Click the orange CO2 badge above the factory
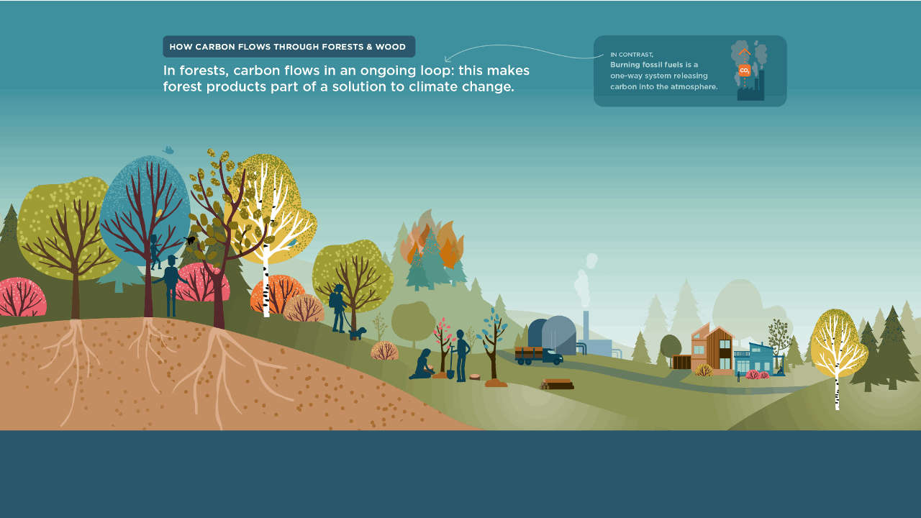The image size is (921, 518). (744, 71)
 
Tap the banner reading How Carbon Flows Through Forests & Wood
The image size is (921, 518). (289, 47)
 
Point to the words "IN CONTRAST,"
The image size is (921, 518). (632, 54)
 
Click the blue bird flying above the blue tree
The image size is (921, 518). (168, 150)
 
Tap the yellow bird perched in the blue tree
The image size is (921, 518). (159, 213)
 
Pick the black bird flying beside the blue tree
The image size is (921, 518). (189, 240)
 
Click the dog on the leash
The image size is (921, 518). (358, 333)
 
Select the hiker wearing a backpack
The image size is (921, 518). (338, 308)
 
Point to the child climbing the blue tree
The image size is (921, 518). (155, 252)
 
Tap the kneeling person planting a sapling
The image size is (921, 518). (422, 364)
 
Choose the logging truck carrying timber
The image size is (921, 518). (539, 355)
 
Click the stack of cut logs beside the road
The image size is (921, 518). (557, 384)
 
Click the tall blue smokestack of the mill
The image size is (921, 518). (586, 326)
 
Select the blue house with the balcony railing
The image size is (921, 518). (758, 358)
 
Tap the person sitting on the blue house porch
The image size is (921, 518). (779, 370)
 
